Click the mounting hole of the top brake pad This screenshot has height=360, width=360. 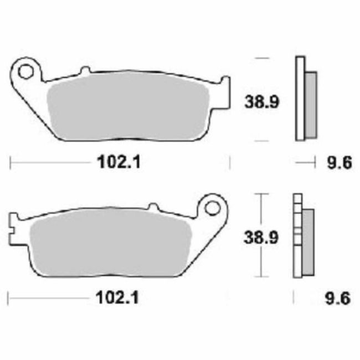coord(25,70)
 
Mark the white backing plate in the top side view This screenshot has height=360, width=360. coord(300,100)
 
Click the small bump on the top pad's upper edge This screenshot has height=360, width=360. coord(85,70)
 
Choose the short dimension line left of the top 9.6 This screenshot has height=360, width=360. coord(302,162)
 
